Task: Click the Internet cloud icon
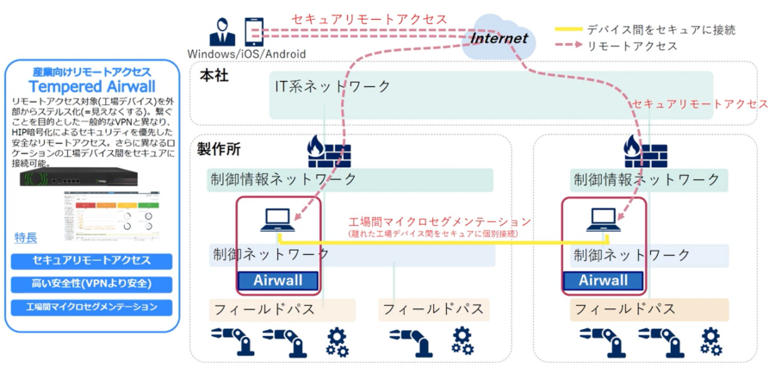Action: (x=498, y=39)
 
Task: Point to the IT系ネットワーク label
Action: (x=332, y=86)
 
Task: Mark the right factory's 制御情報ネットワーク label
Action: (x=647, y=180)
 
